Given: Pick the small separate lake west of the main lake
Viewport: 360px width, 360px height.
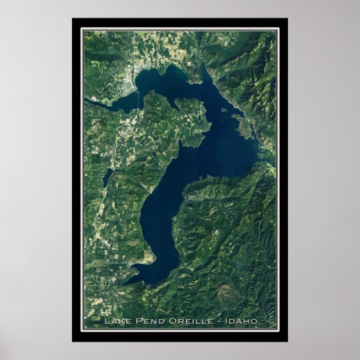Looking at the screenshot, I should (107, 177).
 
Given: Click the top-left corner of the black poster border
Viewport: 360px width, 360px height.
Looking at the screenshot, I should (73, 19).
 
